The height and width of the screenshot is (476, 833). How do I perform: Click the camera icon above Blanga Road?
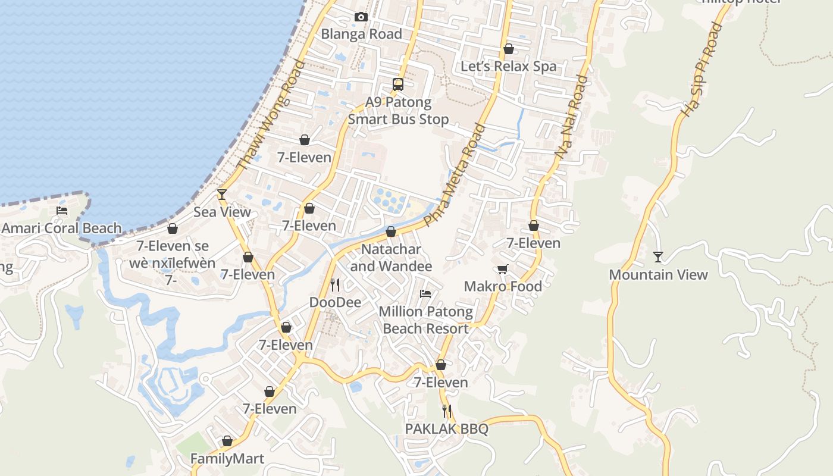[x=361, y=17]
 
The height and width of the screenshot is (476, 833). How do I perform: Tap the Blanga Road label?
[x=361, y=34]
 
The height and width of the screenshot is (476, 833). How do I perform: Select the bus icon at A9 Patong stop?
[x=398, y=84]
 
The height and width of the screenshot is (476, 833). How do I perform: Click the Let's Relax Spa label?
[x=508, y=66]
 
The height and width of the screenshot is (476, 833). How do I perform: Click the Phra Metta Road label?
[x=455, y=175]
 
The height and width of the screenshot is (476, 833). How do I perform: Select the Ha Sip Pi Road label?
[x=700, y=70]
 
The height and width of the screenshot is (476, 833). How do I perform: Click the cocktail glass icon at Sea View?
[x=222, y=194]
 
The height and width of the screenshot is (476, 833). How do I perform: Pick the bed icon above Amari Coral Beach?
[x=62, y=211]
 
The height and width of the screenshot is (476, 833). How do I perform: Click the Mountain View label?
[x=658, y=275]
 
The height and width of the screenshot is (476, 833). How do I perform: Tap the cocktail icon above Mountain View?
[x=657, y=257]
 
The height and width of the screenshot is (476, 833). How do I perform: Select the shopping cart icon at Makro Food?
[x=503, y=270]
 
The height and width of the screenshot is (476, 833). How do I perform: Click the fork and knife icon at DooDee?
[x=335, y=285]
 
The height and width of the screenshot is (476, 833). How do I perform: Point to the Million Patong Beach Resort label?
[x=425, y=320]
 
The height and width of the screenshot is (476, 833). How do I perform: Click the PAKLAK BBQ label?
[x=446, y=429]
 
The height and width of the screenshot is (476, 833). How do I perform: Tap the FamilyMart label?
[x=227, y=459]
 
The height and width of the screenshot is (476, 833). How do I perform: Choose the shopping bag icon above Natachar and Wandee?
[x=391, y=231]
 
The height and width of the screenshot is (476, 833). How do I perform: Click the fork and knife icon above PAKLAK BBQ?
[x=446, y=411]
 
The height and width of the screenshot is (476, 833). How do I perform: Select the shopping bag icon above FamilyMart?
[x=227, y=441]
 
